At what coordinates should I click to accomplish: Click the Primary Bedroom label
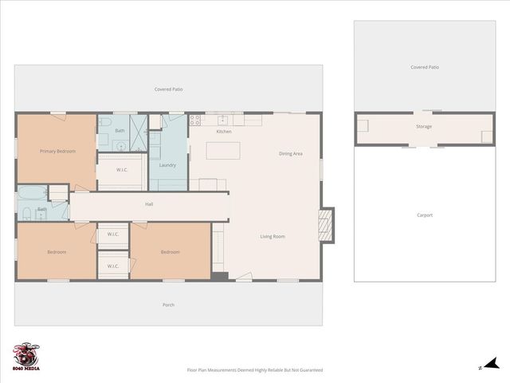(x=57, y=151)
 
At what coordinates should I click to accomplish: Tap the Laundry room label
(x=167, y=165)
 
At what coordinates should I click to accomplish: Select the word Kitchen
(x=224, y=132)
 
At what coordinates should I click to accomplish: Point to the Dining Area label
(x=290, y=153)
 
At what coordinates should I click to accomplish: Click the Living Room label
(x=273, y=236)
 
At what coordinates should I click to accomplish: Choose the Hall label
(x=149, y=204)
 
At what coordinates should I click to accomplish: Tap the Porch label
(x=168, y=305)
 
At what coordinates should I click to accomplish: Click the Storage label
(x=424, y=127)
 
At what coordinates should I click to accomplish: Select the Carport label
(x=425, y=215)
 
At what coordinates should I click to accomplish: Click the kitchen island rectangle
(x=223, y=150)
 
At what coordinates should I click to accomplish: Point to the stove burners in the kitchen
(x=195, y=120)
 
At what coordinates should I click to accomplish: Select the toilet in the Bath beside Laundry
(x=104, y=124)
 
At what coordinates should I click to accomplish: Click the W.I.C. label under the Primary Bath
(x=122, y=169)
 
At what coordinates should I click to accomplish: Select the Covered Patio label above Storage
(x=425, y=68)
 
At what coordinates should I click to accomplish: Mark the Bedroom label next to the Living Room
(x=170, y=252)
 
